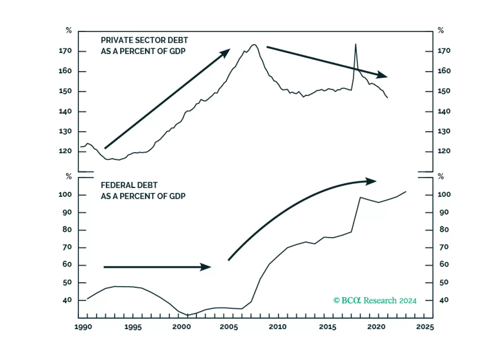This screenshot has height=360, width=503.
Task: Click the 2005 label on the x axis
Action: pos(229,327)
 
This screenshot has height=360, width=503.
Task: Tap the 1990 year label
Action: pos(83,327)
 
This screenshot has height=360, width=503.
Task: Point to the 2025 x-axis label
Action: pos(425,327)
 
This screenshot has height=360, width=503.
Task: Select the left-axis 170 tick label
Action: pos(65,51)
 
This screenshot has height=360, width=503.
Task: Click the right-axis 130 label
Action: pos(444,131)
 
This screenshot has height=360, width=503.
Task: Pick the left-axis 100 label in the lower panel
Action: pos(65,194)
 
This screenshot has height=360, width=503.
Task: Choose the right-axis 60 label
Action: pos(444,264)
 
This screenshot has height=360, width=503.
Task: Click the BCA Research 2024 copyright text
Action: pos(375,301)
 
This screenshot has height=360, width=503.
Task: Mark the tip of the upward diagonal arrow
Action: pos(229,50)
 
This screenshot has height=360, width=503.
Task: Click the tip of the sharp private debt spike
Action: pos(356,44)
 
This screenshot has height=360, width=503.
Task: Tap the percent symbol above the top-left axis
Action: pos(69,30)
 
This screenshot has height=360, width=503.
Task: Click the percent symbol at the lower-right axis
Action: pos(441,177)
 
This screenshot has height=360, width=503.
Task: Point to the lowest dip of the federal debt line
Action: pos(188,315)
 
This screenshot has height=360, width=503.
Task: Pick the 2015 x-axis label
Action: pos(327,327)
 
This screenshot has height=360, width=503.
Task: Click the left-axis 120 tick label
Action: pos(65,151)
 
